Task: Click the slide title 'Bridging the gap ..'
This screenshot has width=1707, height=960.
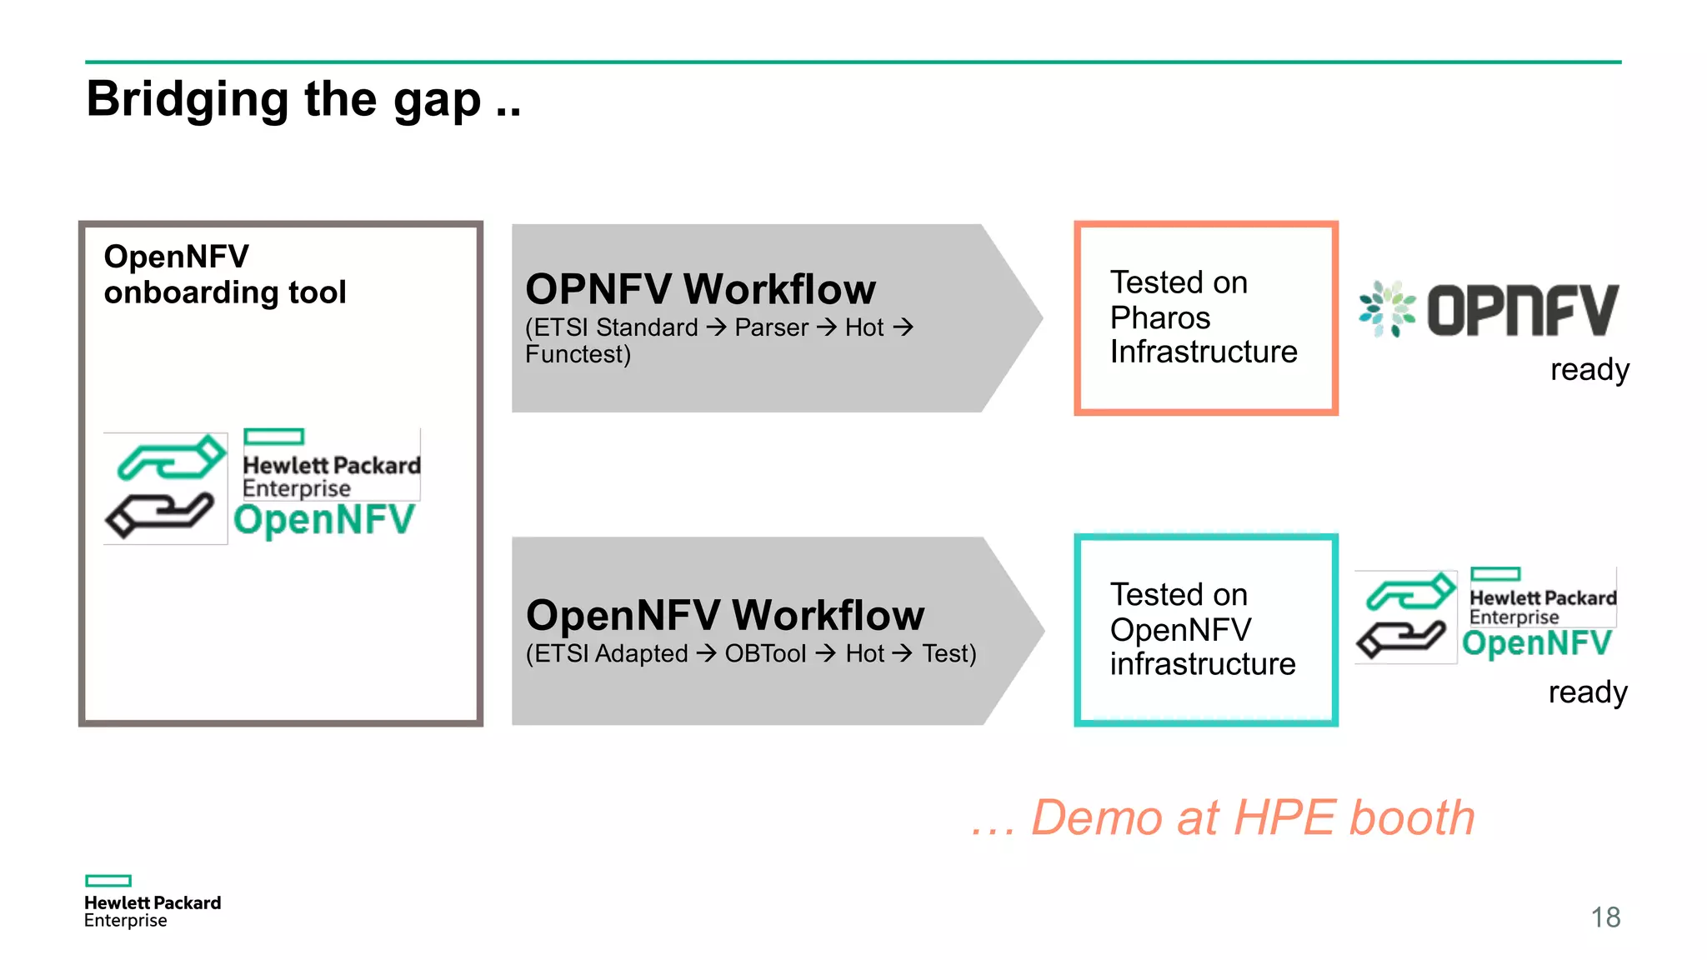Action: point(303,99)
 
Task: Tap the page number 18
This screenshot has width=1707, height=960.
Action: point(1604,917)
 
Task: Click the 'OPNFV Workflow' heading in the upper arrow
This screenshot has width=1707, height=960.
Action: point(700,290)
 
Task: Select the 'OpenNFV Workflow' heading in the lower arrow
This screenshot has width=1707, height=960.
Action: point(724,615)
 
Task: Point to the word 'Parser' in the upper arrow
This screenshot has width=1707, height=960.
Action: point(771,327)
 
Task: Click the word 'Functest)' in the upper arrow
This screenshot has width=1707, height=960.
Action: point(578,354)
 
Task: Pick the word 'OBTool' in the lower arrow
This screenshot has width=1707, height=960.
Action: point(765,653)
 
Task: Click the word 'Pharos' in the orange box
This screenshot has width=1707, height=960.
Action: point(1159,317)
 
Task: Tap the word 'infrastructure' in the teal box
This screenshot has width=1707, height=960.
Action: point(1202,664)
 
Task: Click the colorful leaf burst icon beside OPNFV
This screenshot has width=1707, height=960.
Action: point(1387,309)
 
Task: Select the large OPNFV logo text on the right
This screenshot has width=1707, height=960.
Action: point(1522,310)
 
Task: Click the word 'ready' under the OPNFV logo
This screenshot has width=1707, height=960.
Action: point(1589,369)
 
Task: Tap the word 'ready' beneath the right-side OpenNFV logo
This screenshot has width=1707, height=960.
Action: point(1587,692)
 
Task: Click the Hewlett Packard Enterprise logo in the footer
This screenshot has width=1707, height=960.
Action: point(152,902)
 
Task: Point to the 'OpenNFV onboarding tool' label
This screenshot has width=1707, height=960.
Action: point(224,274)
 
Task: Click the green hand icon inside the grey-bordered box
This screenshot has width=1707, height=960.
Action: point(170,457)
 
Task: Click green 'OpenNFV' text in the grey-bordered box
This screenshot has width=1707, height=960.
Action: point(323,520)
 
